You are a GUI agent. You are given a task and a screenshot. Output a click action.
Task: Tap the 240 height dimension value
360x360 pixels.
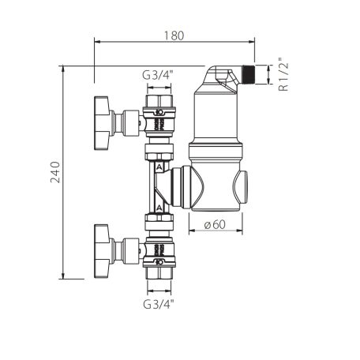[x=54, y=172]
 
